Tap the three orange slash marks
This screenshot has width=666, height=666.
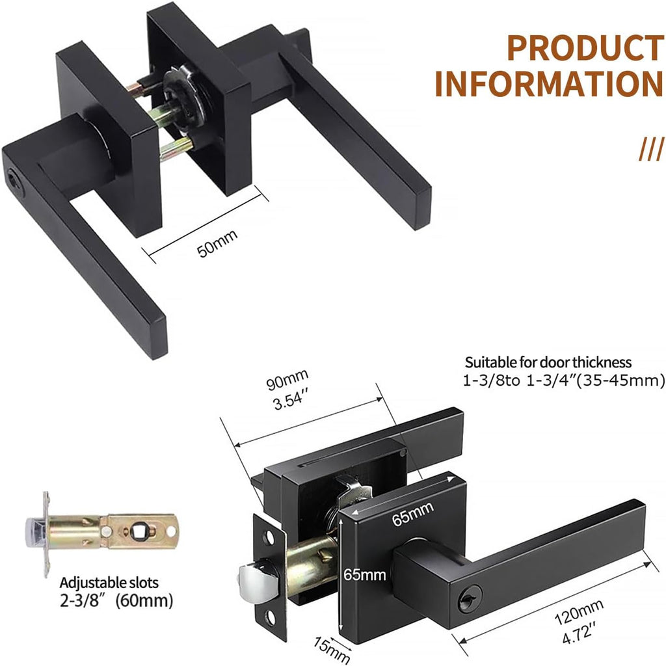point(650,149)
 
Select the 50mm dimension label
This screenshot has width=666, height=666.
point(217,243)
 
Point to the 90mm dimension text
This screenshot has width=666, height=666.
point(287,379)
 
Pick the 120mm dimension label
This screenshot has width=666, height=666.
point(578,612)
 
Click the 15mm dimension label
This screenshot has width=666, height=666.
point(332,650)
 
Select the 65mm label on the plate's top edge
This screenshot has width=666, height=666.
point(412,513)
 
